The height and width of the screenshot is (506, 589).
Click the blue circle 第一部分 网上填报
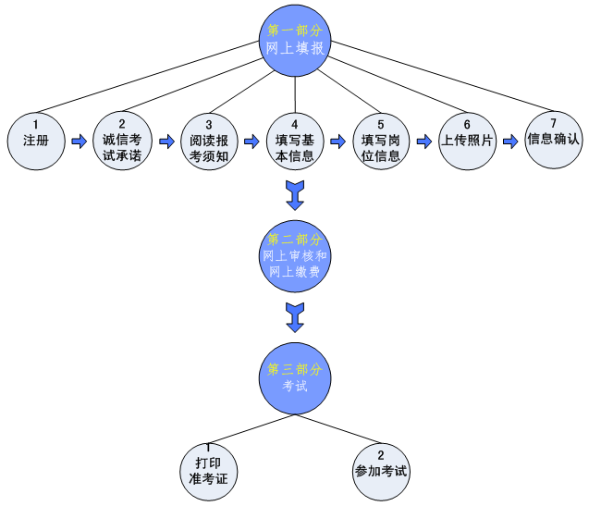click(x=295, y=40)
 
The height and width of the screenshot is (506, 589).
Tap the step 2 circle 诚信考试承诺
click(x=122, y=142)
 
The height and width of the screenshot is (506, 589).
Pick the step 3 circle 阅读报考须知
click(x=208, y=142)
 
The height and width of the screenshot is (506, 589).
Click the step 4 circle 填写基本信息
click(x=294, y=142)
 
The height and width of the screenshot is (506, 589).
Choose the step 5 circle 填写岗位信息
click(x=380, y=142)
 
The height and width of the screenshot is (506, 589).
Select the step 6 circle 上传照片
click(x=467, y=141)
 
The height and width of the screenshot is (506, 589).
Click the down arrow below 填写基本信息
click(x=295, y=195)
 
